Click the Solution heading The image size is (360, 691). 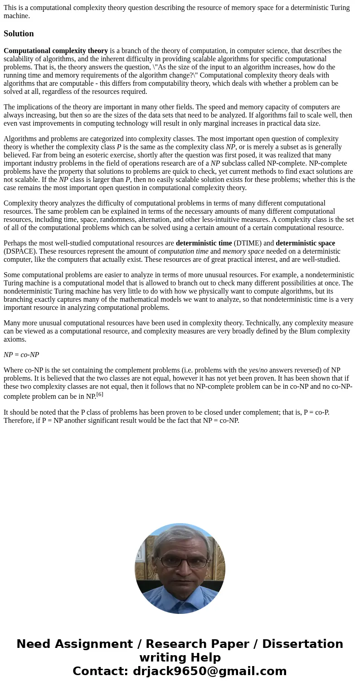[19, 34]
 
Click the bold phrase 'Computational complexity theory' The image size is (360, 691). [56, 51]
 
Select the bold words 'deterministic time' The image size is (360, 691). [204, 243]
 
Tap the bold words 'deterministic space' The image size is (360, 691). [305, 243]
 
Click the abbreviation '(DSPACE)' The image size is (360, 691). [19, 251]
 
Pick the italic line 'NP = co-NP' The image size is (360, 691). [21, 355]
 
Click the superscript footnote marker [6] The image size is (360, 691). [100, 394]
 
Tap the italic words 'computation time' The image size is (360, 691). [183, 251]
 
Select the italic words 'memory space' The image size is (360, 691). [243, 251]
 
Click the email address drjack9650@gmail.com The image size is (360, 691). [209, 671]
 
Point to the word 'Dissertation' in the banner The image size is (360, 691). [302, 644]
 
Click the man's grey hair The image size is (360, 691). [180, 535]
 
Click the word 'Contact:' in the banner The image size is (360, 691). [100, 671]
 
